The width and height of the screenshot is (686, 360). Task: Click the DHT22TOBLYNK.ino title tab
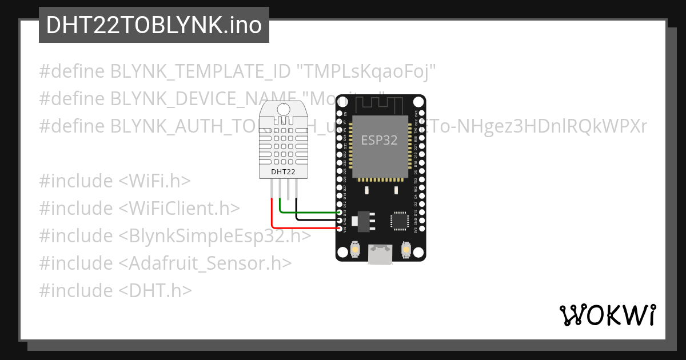(154, 25)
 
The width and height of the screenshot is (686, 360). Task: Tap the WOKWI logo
(607, 315)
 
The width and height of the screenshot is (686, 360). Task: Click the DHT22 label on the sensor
(284, 171)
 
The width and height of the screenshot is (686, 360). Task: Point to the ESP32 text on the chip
(379, 141)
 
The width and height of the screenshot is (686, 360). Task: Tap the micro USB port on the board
(380, 254)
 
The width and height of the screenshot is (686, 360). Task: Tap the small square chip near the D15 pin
(400, 221)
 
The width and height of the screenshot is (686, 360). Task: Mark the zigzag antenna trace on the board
(380, 104)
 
